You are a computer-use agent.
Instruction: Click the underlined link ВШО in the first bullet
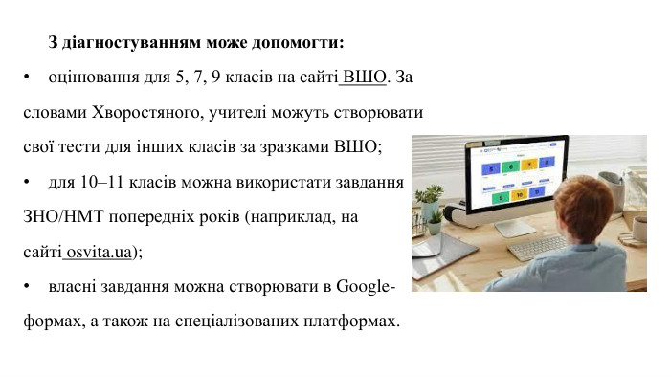pos(365,77)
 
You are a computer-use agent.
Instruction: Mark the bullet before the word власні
pos(29,286)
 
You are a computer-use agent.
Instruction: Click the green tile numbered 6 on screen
pos(510,166)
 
